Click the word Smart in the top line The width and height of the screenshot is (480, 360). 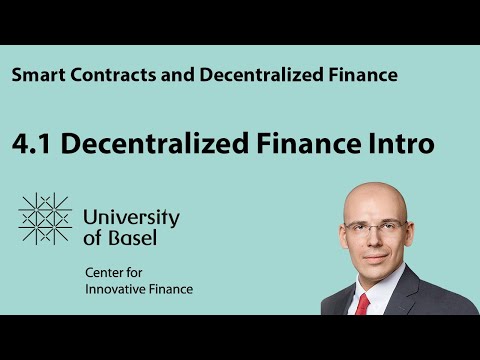37,75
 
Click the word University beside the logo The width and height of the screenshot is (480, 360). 131,217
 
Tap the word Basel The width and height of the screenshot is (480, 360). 129,241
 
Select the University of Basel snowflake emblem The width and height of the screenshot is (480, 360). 45,219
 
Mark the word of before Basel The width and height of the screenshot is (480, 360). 93,241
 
